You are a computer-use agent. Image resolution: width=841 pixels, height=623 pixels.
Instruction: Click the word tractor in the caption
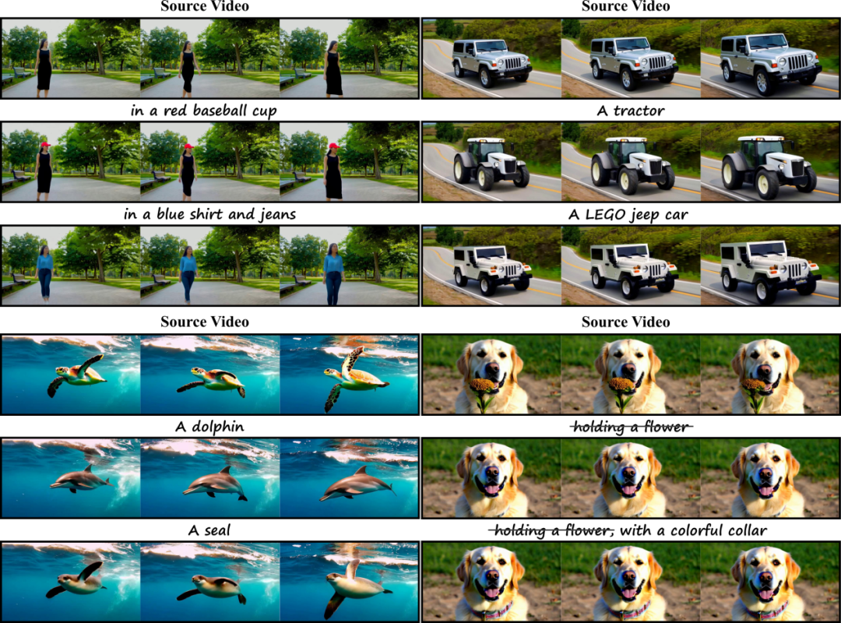[x=639, y=111]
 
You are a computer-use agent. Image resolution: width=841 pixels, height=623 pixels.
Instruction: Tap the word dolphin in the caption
[x=218, y=426]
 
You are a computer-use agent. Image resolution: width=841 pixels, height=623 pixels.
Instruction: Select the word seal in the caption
[x=216, y=530]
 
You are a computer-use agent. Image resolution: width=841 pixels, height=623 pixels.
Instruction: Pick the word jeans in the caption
[x=278, y=215]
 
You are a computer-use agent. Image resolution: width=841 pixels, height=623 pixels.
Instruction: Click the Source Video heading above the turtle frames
[x=205, y=322]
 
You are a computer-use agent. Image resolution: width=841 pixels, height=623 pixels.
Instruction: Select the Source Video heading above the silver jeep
[x=625, y=6]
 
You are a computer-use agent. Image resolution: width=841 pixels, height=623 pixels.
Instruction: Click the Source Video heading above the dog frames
[x=625, y=322]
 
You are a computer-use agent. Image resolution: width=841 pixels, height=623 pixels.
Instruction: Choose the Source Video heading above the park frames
[x=205, y=6]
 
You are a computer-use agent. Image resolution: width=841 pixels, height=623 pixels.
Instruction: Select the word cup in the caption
[x=265, y=111]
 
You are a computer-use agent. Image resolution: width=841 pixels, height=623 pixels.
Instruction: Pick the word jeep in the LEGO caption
[x=644, y=215]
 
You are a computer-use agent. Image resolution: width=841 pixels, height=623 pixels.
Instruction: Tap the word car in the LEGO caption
[x=676, y=216]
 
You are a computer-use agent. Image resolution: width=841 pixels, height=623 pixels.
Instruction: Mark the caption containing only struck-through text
[x=631, y=427]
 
